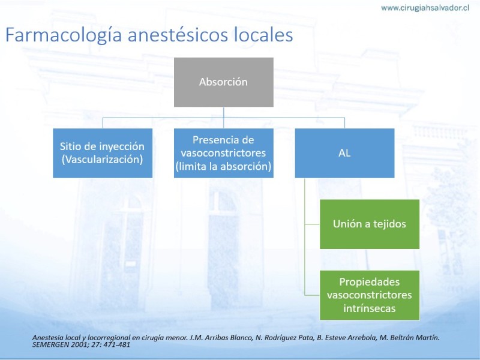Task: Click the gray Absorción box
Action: click(223, 82)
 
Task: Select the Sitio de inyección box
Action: click(103, 153)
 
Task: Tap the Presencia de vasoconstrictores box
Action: click(223, 153)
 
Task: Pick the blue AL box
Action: click(344, 153)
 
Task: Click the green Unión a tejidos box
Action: click(370, 224)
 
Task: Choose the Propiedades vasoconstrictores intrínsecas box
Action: click(370, 295)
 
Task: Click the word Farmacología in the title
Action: click(64, 35)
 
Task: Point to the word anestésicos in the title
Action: click(178, 35)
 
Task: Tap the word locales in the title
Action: click(263, 35)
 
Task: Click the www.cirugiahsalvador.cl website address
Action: click(425, 8)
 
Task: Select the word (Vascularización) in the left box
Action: click(102, 160)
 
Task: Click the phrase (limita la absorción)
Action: click(223, 166)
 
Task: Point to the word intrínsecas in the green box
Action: click(370, 308)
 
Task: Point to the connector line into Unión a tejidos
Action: click(312, 224)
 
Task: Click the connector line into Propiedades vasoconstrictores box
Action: click(312, 295)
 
